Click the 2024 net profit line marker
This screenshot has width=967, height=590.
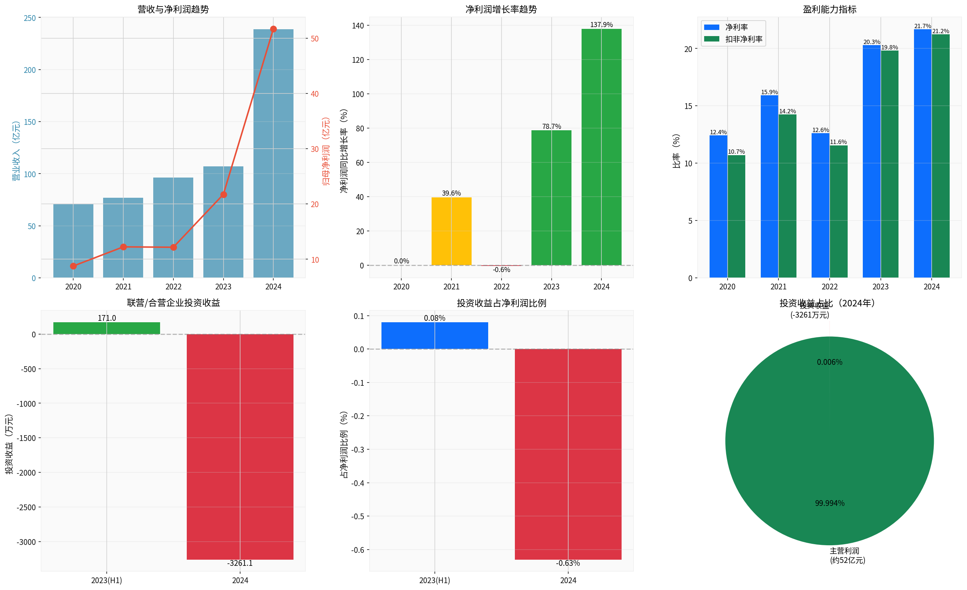274,29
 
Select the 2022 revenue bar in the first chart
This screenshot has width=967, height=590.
173,228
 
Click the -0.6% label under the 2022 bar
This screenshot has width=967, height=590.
502,270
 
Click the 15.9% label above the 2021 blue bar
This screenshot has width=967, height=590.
769,92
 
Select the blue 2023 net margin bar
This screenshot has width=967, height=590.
872,161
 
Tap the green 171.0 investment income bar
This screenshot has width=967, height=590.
106,328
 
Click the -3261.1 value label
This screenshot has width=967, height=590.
240,563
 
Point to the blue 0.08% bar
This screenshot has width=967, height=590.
434,336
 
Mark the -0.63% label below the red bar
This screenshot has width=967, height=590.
568,563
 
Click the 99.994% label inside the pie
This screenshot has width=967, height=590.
830,503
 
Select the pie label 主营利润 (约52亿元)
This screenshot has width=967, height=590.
847,555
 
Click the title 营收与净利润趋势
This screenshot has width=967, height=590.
173,9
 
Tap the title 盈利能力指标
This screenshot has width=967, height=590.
829,9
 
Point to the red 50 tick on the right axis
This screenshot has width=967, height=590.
315,39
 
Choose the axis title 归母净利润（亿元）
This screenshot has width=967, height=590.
326,151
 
